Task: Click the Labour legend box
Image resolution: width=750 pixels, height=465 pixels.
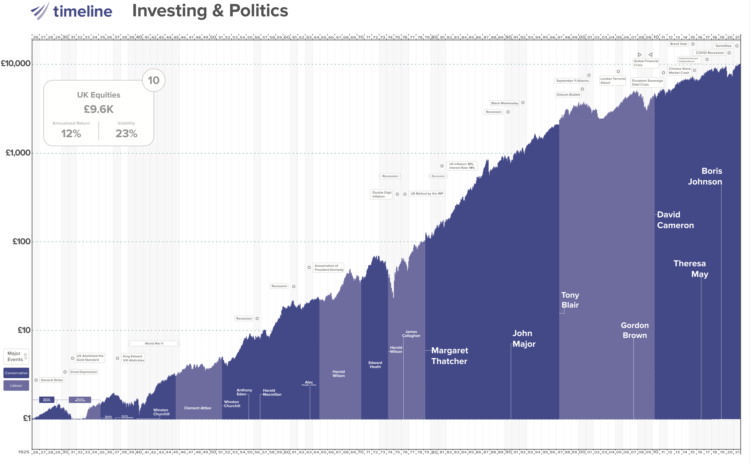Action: click(16, 386)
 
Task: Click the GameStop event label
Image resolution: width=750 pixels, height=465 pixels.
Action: click(723, 46)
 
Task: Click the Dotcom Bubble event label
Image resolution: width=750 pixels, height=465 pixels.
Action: click(568, 95)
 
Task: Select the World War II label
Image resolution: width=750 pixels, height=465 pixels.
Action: click(154, 343)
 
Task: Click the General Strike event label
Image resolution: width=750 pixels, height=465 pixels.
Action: click(52, 380)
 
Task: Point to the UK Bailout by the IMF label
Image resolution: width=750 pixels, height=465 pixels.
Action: click(427, 194)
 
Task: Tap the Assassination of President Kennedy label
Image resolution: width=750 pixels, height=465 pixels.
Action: click(329, 268)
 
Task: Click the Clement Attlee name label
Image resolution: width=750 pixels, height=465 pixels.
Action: click(198, 408)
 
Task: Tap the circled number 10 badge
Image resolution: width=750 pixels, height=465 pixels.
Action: click(154, 80)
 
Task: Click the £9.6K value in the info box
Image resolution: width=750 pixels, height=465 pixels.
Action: click(99, 109)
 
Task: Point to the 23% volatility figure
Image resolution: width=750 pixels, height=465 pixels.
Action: click(126, 133)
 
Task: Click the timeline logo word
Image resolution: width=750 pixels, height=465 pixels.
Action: click(83, 11)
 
